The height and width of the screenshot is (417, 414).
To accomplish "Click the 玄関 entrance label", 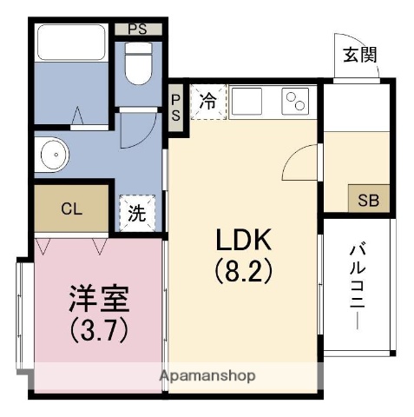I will point(358,56).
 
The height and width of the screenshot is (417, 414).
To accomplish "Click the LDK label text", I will point(244,240).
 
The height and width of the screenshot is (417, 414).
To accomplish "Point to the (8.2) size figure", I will point(244,271).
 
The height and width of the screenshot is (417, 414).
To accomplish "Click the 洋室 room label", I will point(99,298).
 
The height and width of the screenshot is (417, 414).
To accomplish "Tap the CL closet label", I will point(71,208).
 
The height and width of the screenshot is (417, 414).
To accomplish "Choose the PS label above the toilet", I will point(137,29).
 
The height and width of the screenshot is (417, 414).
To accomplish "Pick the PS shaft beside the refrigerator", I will point(175,109).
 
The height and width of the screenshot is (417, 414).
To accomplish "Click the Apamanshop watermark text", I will point(206,376).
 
